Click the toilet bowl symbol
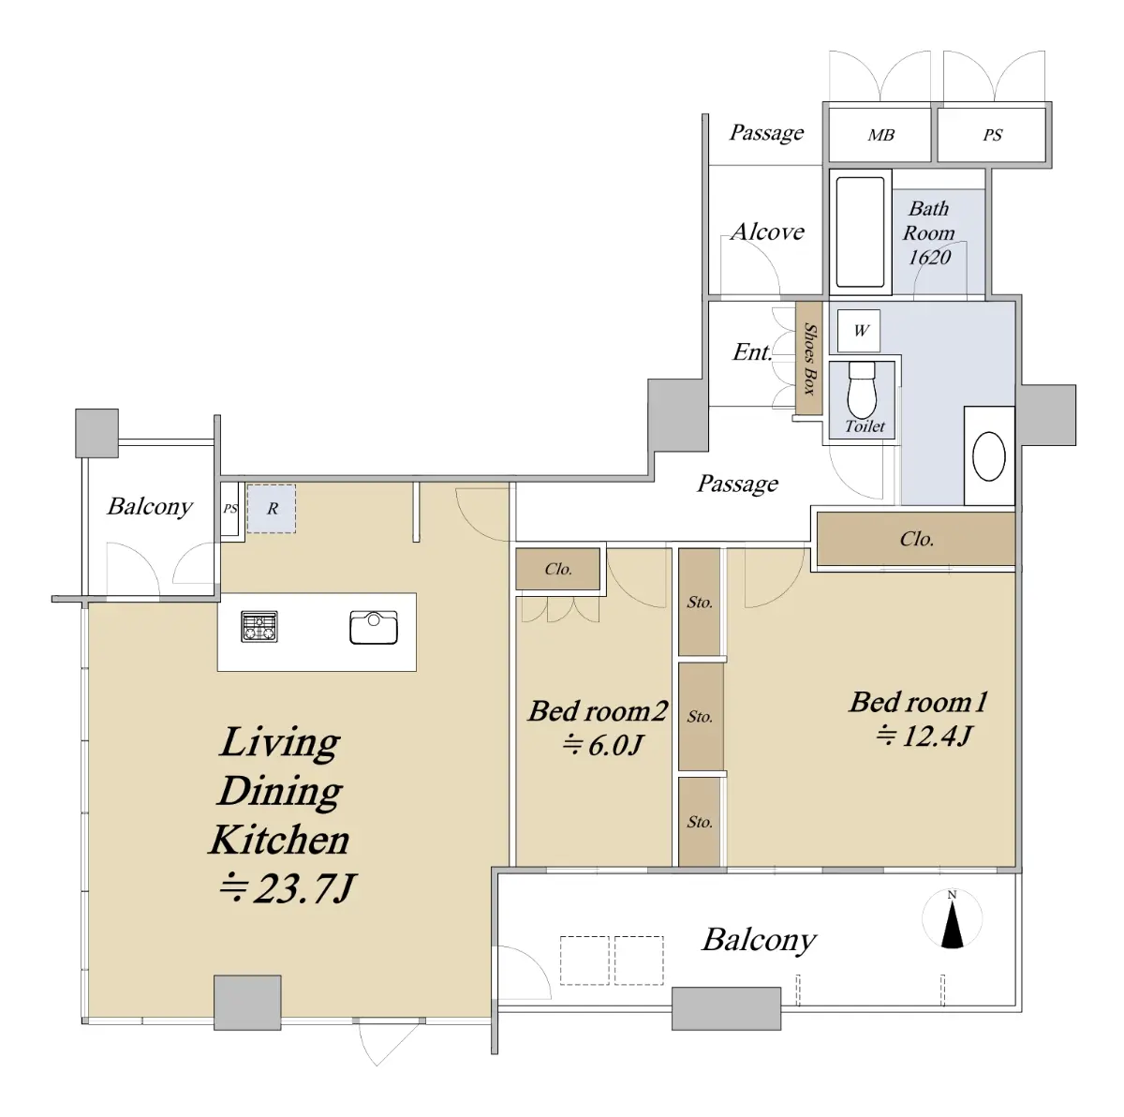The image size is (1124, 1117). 862,389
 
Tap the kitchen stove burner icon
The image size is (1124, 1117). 259,627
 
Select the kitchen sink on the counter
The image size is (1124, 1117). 374,627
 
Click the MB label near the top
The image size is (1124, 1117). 880,135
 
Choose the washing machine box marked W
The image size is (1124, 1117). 859,331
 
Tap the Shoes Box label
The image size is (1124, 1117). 809,358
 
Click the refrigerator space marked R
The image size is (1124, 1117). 272,508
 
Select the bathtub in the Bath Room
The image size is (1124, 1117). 861,232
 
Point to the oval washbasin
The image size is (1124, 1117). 989,456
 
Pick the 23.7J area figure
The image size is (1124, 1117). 287,888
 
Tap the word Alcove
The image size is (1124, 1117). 768,231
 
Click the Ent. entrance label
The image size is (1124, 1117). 752,352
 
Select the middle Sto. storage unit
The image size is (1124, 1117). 701,716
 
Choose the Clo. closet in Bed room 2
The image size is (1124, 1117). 557,569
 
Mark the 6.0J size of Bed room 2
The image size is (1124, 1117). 602,746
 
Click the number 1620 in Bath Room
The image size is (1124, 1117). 929,258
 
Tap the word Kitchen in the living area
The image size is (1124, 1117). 280,841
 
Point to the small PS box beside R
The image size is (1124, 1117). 230,509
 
